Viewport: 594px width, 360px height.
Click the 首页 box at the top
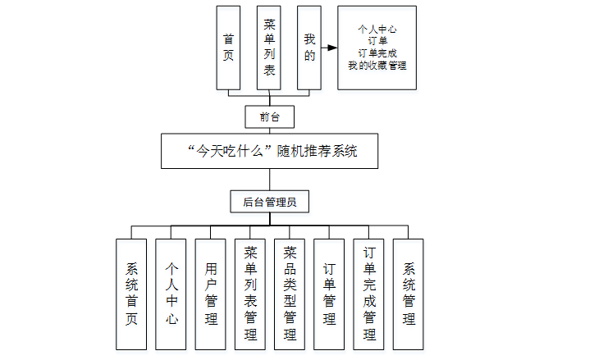point(228,48)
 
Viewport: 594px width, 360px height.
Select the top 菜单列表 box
point(269,48)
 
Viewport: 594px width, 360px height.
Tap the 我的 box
point(308,48)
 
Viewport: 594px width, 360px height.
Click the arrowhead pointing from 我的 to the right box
point(332,48)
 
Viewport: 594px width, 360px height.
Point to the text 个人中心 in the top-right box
point(377,29)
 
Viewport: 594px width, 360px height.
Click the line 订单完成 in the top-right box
point(377,52)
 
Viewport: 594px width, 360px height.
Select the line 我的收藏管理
point(377,65)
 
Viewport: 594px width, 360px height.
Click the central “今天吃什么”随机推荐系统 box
point(269,152)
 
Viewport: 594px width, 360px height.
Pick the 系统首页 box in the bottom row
point(132,294)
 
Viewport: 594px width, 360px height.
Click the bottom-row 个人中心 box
point(171,294)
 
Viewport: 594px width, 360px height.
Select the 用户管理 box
point(211,294)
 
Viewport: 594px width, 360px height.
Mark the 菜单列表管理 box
point(250,294)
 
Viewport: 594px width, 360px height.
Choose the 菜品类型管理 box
point(290,294)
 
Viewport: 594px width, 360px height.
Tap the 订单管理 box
point(329,294)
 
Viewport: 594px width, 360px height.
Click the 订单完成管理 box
point(368,294)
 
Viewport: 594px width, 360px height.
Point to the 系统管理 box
point(408,294)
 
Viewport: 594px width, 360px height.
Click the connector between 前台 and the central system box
point(269,131)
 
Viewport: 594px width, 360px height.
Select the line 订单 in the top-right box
point(377,40)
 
